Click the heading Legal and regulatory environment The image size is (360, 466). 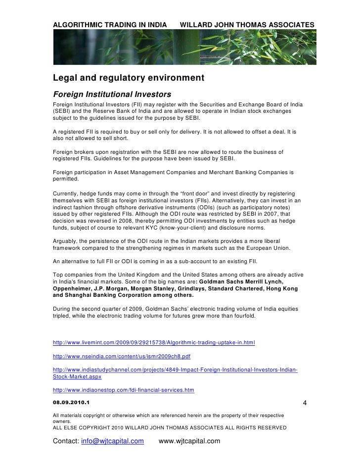click(x=128, y=78)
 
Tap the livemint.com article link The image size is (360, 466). click(x=153, y=342)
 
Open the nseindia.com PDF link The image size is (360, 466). click(x=121, y=356)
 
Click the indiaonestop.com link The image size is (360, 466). click(x=123, y=390)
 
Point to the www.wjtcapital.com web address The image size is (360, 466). click(x=189, y=441)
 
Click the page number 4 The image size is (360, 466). click(x=305, y=403)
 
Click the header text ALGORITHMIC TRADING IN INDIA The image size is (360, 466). click(x=111, y=25)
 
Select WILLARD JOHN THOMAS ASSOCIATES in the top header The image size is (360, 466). click(x=247, y=25)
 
